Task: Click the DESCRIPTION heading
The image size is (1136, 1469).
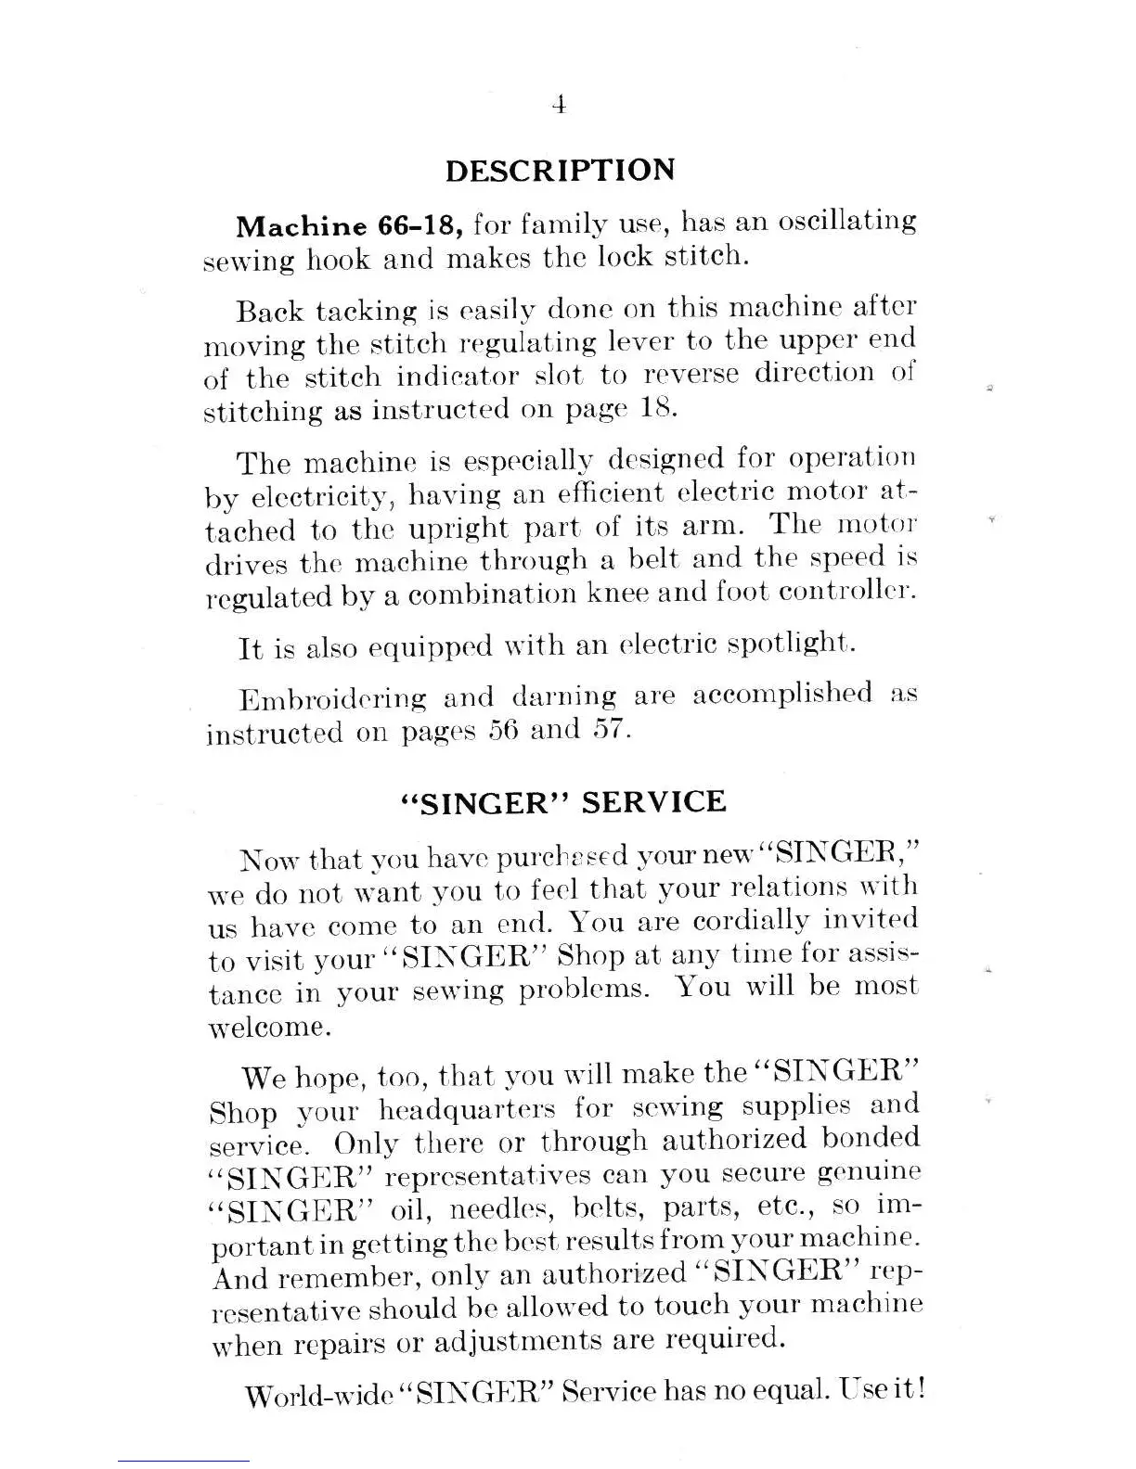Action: coord(561,171)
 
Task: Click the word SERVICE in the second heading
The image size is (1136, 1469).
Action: coord(652,801)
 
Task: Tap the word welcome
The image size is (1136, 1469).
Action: coord(267,1028)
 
